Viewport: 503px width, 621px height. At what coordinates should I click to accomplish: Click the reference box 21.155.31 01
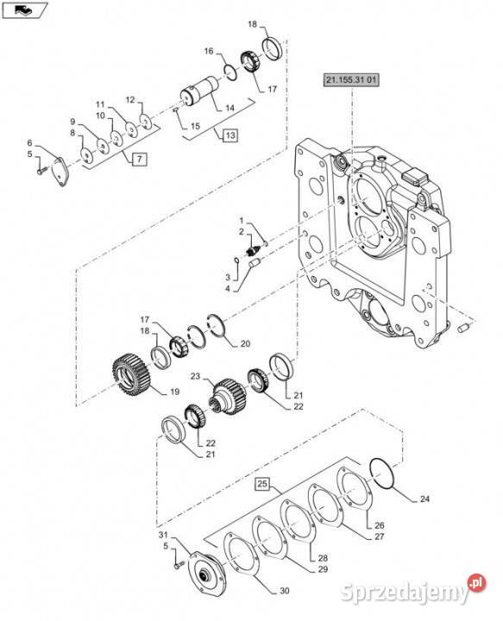[351, 80]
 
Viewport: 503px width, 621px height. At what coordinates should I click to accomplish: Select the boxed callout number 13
[230, 135]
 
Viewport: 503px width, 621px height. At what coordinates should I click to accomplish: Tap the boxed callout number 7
[139, 160]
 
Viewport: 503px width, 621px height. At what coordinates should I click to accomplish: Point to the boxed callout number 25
[262, 484]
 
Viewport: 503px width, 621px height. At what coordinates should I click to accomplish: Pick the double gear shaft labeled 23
[229, 397]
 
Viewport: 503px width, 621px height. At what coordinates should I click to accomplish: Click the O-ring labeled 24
[382, 474]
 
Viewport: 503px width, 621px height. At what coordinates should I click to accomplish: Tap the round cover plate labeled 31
[205, 574]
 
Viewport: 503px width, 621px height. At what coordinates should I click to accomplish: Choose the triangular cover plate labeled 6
[60, 172]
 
